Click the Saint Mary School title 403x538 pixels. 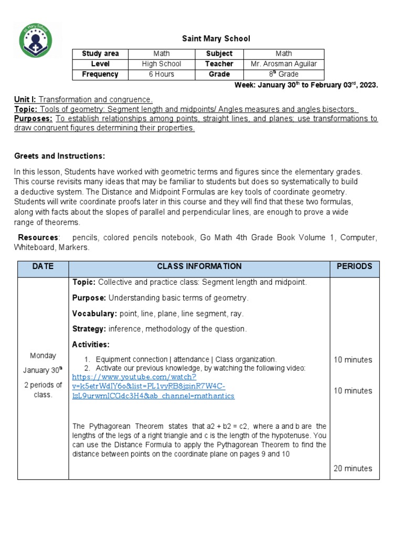(216, 38)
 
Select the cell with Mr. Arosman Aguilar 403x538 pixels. (284, 64)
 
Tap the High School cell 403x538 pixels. (161, 64)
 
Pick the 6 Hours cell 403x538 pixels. (161, 74)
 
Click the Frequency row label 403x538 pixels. (100, 74)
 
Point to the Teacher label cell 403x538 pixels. (219, 64)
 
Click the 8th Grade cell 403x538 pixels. (284, 74)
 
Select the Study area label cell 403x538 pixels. (100, 54)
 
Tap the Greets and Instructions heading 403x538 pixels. (59, 156)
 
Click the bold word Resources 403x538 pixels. (39, 237)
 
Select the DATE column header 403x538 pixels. (43, 266)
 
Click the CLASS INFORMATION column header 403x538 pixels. (199, 266)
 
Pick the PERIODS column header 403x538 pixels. (354, 266)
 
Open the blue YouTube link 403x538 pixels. (153, 386)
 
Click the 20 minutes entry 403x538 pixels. (353, 468)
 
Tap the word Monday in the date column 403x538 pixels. (43, 356)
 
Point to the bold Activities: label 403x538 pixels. (91, 344)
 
